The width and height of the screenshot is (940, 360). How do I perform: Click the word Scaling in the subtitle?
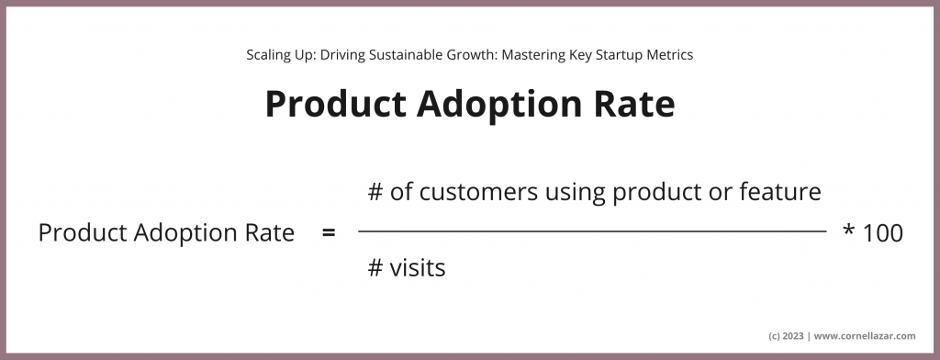coord(267,55)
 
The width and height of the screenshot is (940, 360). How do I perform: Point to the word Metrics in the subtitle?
coord(668,55)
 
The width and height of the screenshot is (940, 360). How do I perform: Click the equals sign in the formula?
coord(329,234)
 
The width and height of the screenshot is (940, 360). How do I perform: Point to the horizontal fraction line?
coord(592,232)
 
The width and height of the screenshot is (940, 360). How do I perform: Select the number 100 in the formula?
coord(883,234)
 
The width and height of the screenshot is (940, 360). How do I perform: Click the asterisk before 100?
coord(848,231)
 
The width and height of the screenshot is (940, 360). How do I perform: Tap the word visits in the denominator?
coord(418,268)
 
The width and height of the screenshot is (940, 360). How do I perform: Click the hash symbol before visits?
coord(375,268)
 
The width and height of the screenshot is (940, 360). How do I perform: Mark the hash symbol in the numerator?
coord(375,193)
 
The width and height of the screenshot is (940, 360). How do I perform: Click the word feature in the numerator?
coord(782,193)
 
